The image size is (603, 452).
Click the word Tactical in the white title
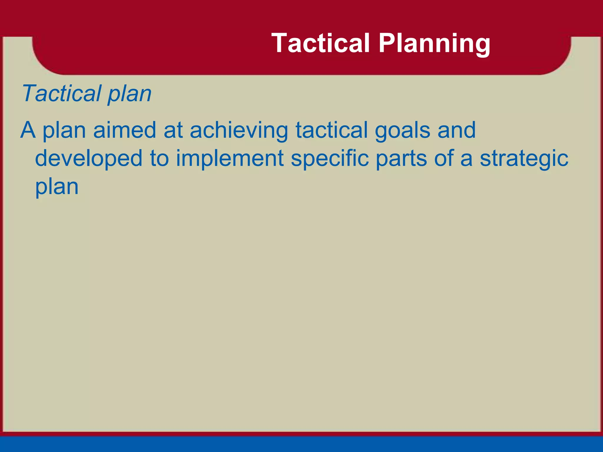pos(320,44)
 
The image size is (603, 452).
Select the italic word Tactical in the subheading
pos(61,93)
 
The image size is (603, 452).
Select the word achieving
pos(239,130)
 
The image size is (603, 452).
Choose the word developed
pos(89,158)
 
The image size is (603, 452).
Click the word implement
pos(230,158)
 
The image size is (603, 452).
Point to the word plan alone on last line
pos(57,187)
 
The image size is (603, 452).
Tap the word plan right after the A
pos(64,130)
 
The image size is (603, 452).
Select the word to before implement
pos(159,158)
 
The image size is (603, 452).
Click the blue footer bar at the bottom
pos(301,444)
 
